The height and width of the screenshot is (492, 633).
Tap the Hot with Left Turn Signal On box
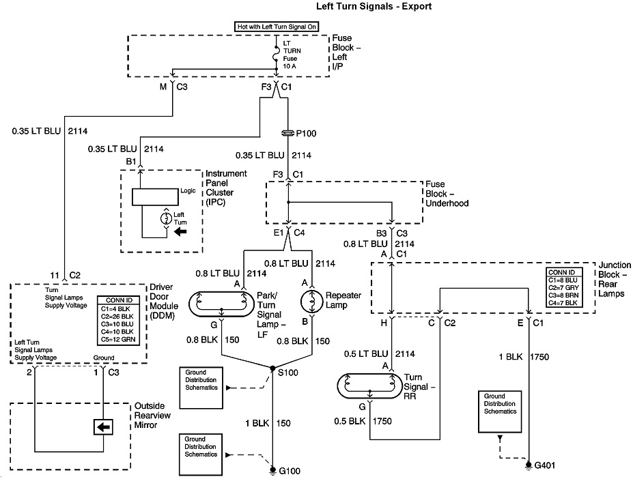[275, 27]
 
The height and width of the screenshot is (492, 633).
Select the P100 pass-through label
[307, 133]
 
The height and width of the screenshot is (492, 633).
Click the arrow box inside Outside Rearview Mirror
[103, 428]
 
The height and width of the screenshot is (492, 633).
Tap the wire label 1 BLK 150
[272, 423]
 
